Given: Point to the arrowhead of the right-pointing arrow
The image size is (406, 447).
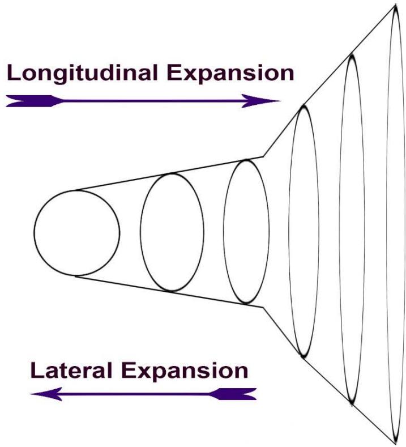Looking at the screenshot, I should [268, 101].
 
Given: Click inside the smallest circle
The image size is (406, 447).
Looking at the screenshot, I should [76, 233].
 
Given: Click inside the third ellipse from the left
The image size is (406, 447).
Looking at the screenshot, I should [246, 231].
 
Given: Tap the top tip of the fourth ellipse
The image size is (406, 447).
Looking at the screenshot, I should [304, 106].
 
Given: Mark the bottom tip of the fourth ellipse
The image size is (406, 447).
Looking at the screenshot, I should [304, 356].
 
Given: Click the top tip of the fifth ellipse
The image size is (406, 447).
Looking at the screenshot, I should [351, 55].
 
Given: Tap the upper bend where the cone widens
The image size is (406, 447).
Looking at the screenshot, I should [263, 156].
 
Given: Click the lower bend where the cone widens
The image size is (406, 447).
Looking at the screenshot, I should [263, 308].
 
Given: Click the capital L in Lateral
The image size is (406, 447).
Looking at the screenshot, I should [37, 371].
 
